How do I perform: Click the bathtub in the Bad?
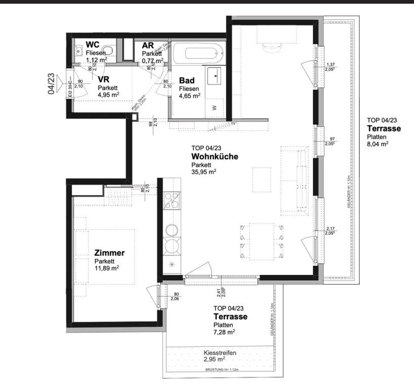click(x=198, y=53)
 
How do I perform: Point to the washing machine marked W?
click(x=215, y=108)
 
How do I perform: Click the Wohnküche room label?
click(x=215, y=156)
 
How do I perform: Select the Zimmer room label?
click(x=109, y=253)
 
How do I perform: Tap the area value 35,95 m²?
click(x=203, y=172)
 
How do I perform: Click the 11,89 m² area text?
click(x=107, y=268)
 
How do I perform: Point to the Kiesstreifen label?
click(x=220, y=353)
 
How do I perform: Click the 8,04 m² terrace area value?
click(x=377, y=144)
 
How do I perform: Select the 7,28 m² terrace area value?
click(x=224, y=332)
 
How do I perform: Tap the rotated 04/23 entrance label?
click(x=51, y=84)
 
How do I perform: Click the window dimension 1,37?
click(x=330, y=64)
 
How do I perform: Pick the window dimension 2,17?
click(x=330, y=228)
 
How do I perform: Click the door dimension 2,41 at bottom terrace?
click(x=219, y=292)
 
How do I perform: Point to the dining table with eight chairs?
click(x=262, y=241)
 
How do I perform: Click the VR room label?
click(x=103, y=79)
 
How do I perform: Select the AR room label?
click(x=148, y=45)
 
